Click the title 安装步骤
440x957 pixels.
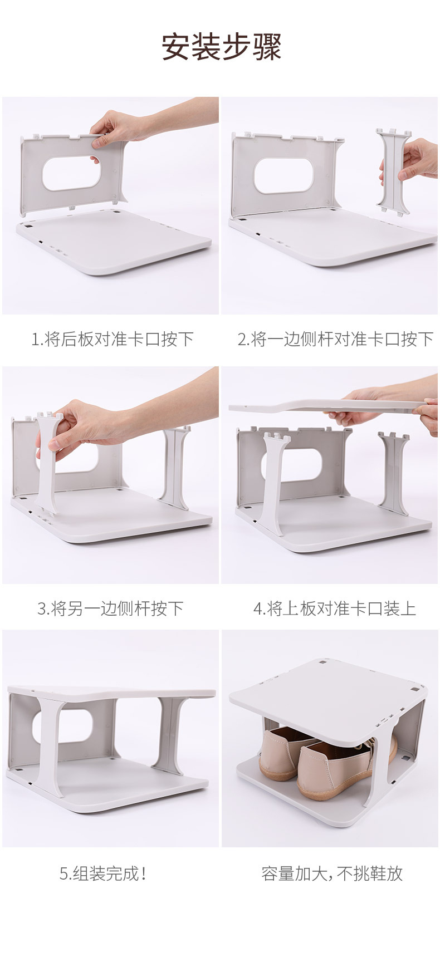coord(221,47)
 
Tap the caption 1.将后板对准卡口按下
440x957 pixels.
coord(112,338)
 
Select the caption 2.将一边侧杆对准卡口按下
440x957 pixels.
coord(335,338)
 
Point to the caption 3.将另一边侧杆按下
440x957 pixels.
coord(110,608)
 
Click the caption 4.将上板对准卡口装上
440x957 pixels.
coord(334,608)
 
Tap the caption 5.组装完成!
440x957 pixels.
coord(104,873)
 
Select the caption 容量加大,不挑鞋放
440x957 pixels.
coord(332,873)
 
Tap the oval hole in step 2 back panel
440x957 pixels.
coord(285,175)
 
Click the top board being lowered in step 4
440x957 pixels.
coord(323,405)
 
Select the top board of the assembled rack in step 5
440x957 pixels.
coord(111,693)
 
